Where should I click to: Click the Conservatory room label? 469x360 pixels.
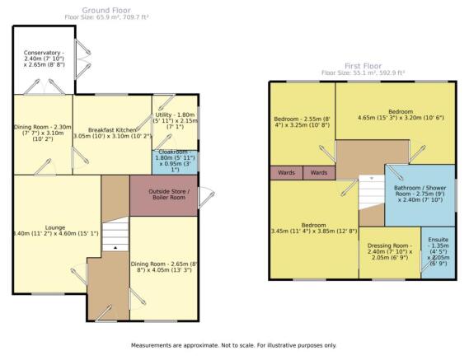tap(44, 58)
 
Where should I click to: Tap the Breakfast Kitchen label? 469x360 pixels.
tap(112, 133)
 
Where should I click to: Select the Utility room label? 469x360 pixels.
tap(176, 121)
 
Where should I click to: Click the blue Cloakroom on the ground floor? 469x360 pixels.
tap(175, 162)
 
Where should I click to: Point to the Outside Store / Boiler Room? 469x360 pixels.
tap(163, 195)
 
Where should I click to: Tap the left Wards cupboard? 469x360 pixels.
tap(286, 173)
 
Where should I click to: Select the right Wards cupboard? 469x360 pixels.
tap(319, 173)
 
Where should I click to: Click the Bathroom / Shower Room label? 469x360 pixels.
tap(420, 194)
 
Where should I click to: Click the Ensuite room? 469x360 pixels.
tap(439, 253)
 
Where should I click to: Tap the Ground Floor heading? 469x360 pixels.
tap(106, 11)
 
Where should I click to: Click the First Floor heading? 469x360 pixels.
tap(363, 66)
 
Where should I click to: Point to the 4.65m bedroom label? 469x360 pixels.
tap(401, 115)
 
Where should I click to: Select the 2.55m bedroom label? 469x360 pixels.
tap(302, 122)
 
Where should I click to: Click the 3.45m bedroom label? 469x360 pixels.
tap(314, 228)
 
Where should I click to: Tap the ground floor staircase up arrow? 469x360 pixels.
tap(115, 248)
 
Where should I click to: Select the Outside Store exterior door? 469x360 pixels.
tap(206, 197)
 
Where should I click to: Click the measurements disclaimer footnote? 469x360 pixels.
tap(233, 345)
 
